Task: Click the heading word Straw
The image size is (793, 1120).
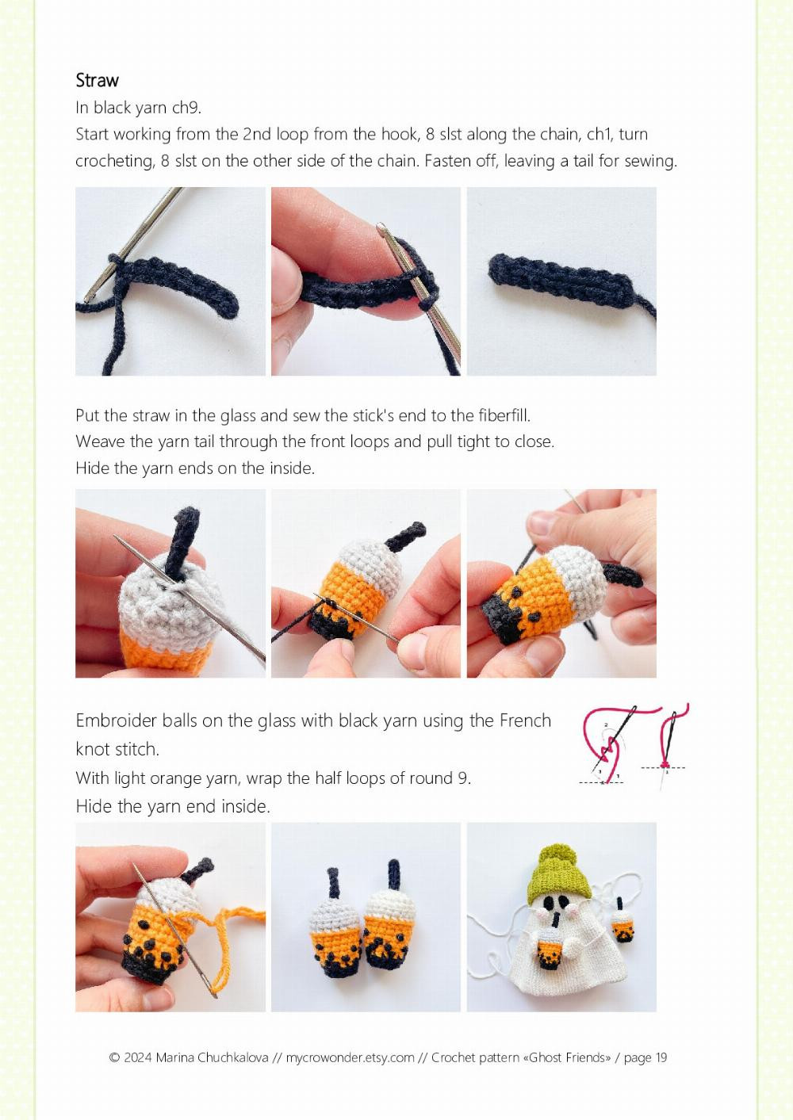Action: pos(97,80)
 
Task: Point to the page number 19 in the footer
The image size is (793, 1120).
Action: pos(661,1057)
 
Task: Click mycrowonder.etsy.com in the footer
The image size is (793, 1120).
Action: pos(350,1057)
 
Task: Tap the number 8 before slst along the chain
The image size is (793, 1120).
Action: pos(430,134)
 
